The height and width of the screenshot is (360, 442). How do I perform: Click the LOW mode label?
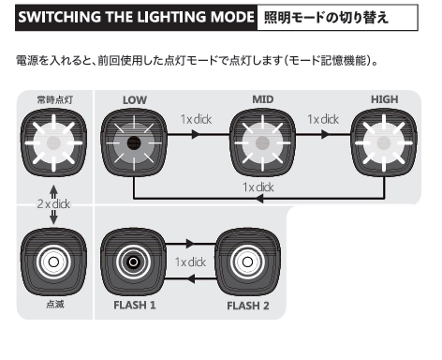click(135, 100)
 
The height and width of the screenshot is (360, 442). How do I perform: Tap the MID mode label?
click(263, 99)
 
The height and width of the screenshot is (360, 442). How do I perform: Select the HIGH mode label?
click(384, 99)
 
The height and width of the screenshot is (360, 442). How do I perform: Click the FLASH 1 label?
click(135, 305)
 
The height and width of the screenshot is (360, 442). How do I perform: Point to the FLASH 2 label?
click(248, 306)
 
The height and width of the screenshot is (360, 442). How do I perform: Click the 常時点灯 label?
click(55, 100)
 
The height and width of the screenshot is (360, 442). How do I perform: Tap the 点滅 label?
click(55, 304)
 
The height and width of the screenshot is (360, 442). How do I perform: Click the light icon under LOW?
click(134, 142)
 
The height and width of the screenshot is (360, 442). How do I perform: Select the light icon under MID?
click(262, 142)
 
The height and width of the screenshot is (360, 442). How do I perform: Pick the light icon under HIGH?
click(384, 142)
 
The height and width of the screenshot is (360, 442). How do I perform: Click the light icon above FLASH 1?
click(133, 262)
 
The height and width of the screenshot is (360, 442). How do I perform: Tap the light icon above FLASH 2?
click(247, 262)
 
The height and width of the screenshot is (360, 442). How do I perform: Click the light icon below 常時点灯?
click(53, 142)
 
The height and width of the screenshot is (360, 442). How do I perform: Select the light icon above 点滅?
click(53, 262)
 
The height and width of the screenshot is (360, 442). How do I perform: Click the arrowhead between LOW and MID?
click(196, 134)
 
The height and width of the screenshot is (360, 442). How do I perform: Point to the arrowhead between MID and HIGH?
click(326, 134)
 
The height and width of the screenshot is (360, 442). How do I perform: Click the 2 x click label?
click(53, 204)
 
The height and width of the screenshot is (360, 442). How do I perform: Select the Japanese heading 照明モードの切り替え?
click(326, 17)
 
